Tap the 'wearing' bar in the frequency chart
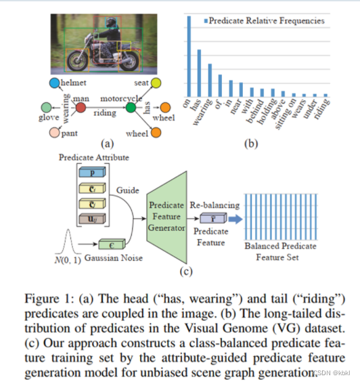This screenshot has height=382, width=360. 210,80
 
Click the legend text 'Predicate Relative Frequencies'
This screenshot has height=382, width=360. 271,20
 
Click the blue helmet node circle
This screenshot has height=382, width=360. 54,83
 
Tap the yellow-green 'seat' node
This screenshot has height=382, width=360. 156,83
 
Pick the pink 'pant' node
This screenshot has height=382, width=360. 54,133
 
